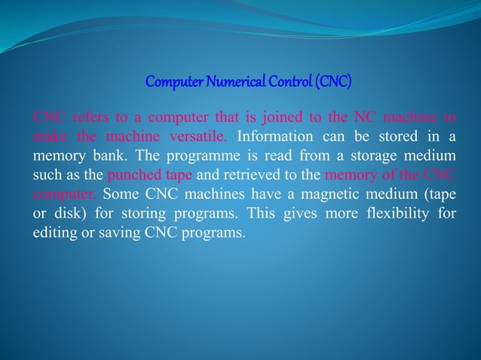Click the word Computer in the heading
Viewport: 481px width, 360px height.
tap(170, 80)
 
